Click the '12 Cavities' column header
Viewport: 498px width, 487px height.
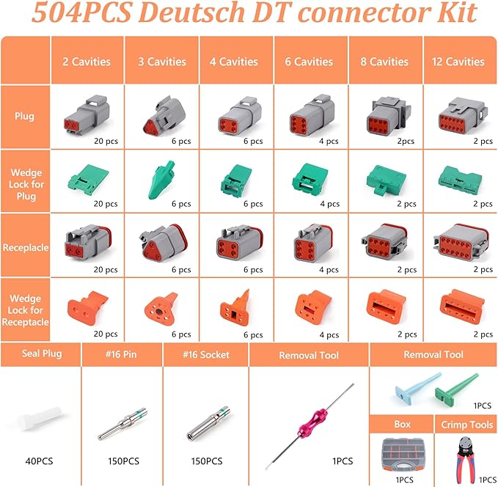point(458,62)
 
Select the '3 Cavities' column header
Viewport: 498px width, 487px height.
point(162,62)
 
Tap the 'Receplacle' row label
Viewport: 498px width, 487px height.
point(26,247)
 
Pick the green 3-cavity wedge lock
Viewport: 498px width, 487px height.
point(161,180)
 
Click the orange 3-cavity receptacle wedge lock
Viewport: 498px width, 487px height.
point(161,309)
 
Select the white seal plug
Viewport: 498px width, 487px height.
point(39,419)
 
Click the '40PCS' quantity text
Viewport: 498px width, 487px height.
point(39,461)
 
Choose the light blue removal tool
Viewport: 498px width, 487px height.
point(418,388)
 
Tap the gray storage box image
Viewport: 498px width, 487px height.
point(403,455)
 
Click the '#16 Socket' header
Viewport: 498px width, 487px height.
point(206,354)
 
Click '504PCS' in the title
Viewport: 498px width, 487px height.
point(82,12)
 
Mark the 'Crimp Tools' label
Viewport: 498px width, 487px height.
point(467,425)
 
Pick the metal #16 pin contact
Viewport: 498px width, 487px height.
point(122,423)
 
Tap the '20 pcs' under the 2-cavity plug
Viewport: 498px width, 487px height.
point(106,141)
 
